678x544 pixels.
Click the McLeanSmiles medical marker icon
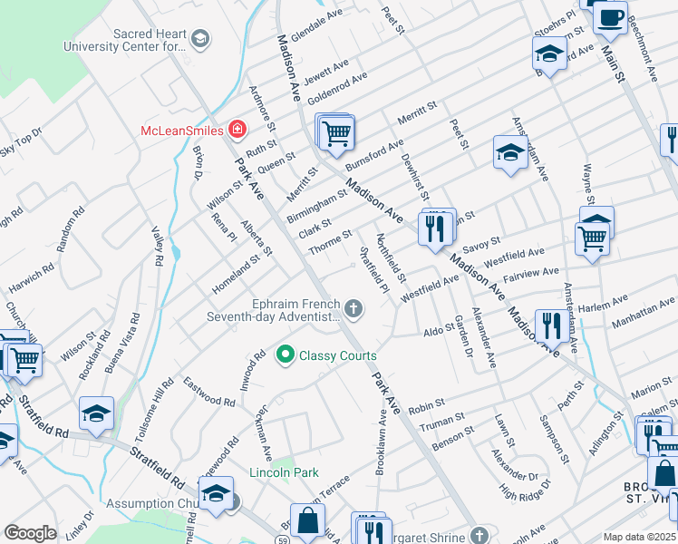coord(237,130)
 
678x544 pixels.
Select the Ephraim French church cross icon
coord(354,311)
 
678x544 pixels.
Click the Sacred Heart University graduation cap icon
coord(199,38)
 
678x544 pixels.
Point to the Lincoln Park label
coord(285,474)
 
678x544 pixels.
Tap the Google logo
coord(30,533)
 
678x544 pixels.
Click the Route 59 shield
coord(284,516)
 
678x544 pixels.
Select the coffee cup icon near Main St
coord(610,18)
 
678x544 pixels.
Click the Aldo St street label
coord(439,333)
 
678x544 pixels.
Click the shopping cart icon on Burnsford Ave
coord(336,134)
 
